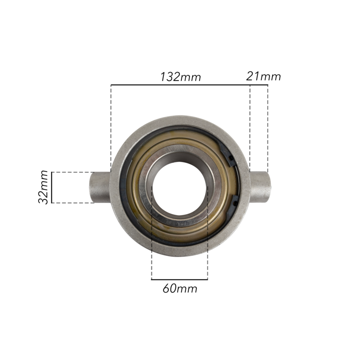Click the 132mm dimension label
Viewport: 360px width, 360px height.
[180, 77]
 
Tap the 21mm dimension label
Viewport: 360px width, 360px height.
[263, 76]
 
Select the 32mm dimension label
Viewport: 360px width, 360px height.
[43, 187]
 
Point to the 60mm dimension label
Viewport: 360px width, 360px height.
[180, 288]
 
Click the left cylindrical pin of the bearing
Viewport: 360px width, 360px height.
[100, 187]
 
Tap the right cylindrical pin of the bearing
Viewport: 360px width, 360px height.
[260, 187]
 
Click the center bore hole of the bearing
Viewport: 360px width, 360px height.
[180, 188]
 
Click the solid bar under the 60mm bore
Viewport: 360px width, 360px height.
[180, 279]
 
